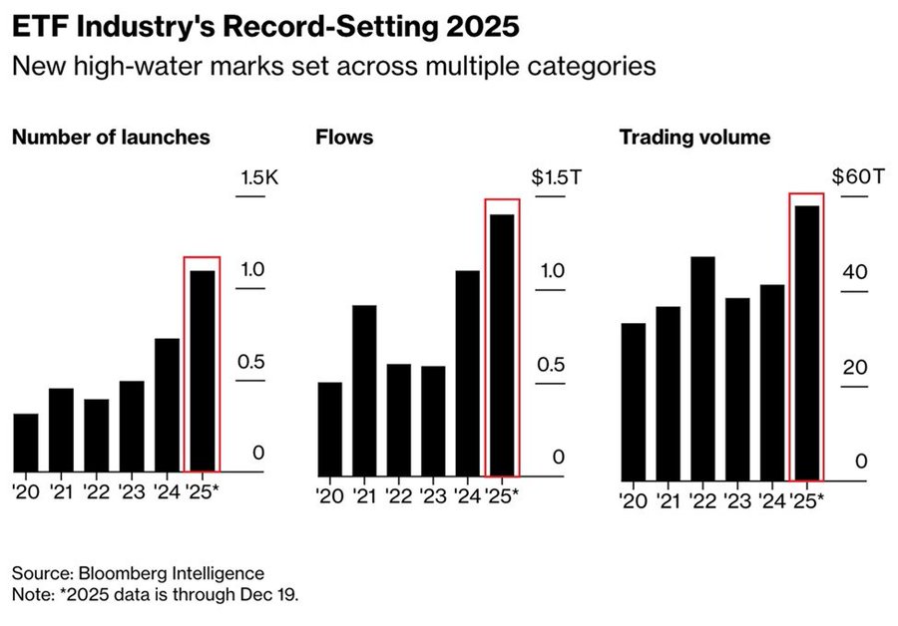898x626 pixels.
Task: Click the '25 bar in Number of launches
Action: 203,370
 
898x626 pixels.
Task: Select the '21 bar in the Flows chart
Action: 364,390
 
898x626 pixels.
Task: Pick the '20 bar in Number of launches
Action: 26,443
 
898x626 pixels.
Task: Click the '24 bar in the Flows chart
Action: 467,372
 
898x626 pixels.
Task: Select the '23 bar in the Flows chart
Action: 433,420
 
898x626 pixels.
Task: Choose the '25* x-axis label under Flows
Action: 501,495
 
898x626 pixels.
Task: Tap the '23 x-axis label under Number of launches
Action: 132,491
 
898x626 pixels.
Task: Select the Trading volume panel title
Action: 694,137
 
